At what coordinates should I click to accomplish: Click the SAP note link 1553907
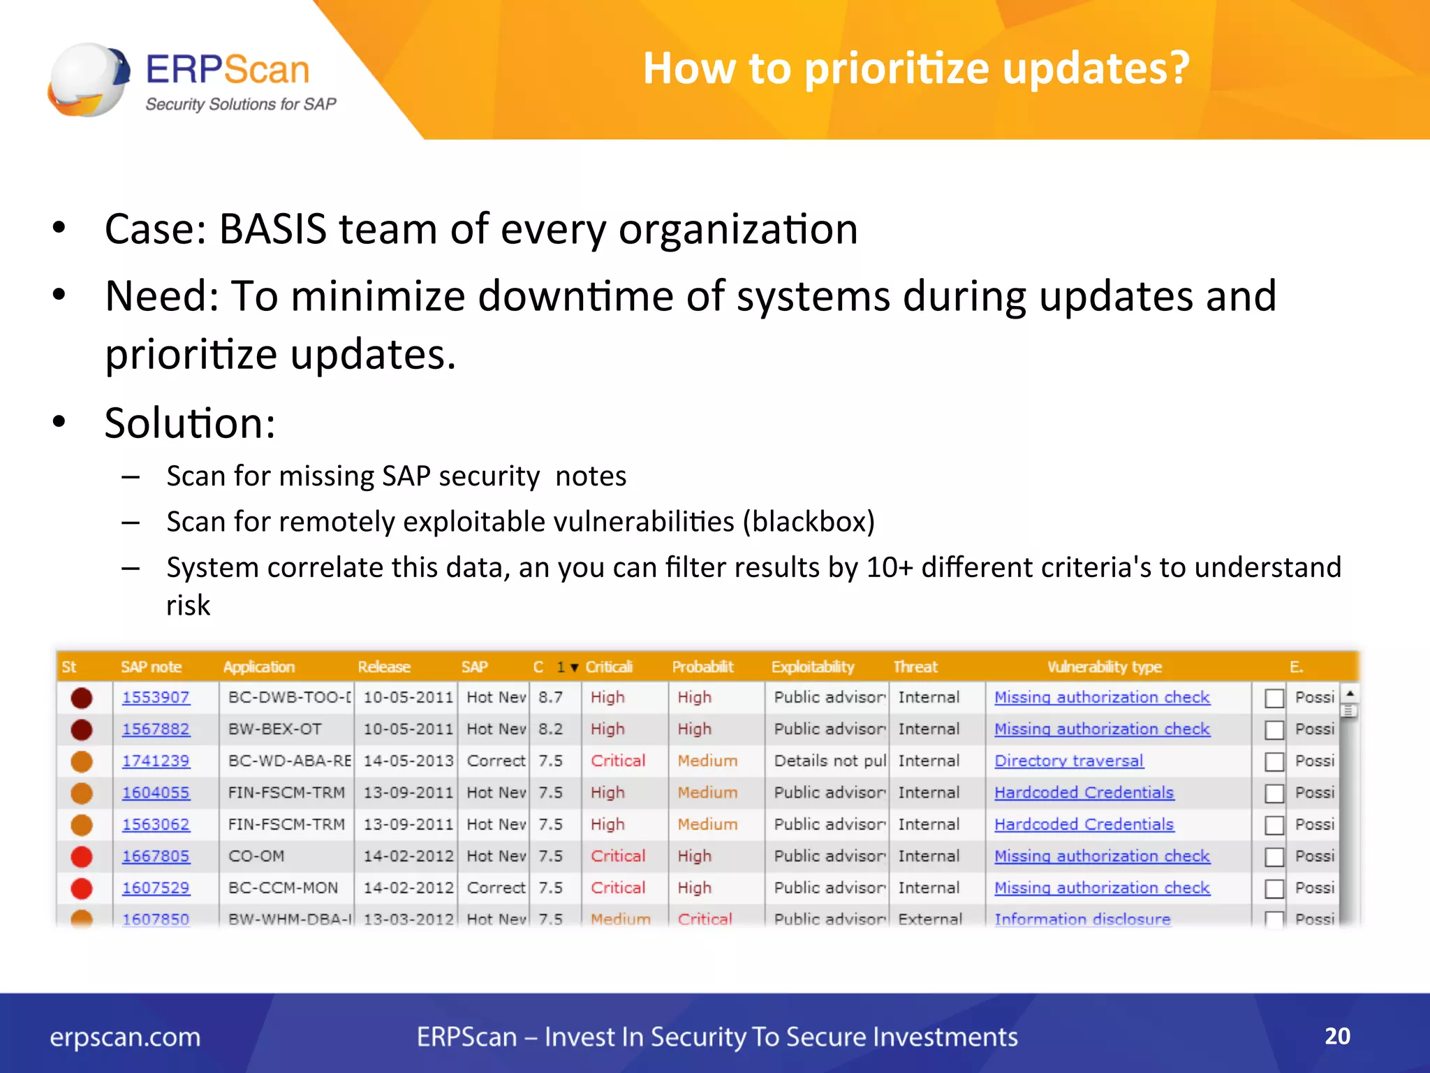click(x=156, y=697)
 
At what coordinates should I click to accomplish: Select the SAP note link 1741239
click(x=156, y=761)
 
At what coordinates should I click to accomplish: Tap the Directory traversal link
click(x=1068, y=761)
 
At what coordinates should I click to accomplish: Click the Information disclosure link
click(x=1082, y=919)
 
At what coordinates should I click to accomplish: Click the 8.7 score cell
click(x=550, y=697)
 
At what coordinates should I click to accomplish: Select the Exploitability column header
click(x=812, y=666)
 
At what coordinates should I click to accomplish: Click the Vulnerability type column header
click(x=1104, y=666)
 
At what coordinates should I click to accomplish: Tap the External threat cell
click(x=930, y=919)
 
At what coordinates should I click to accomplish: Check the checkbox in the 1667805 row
click(x=1274, y=856)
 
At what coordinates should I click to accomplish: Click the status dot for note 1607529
click(x=82, y=888)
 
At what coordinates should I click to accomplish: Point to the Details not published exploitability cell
click(x=830, y=761)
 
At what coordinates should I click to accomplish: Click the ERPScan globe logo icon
click(x=89, y=80)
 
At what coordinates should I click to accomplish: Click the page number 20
click(x=1337, y=1035)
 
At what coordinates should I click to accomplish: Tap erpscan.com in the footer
click(x=125, y=1037)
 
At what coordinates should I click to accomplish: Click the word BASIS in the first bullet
click(x=272, y=229)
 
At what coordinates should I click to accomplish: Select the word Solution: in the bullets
click(x=190, y=423)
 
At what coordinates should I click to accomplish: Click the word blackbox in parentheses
click(x=809, y=522)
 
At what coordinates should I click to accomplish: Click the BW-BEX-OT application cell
click(x=275, y=729)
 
